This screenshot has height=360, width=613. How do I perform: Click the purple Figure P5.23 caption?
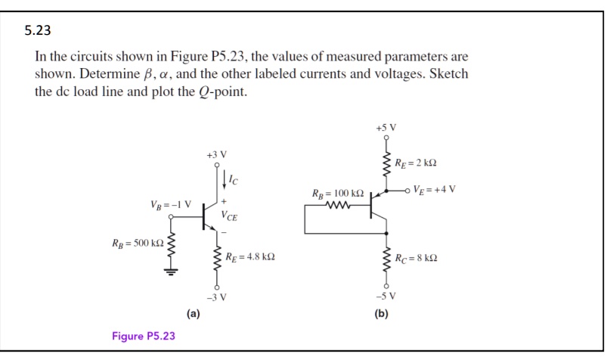[143, 336]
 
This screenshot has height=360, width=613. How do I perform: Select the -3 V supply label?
[216, 296]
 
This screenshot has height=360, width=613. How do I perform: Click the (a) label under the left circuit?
[193, 313]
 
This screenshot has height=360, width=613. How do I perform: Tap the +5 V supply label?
[385, 127]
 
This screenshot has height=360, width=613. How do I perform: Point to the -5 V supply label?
[385, 296]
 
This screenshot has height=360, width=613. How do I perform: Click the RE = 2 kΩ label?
[416, 163]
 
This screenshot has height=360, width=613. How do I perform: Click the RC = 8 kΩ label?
[416, 258]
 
